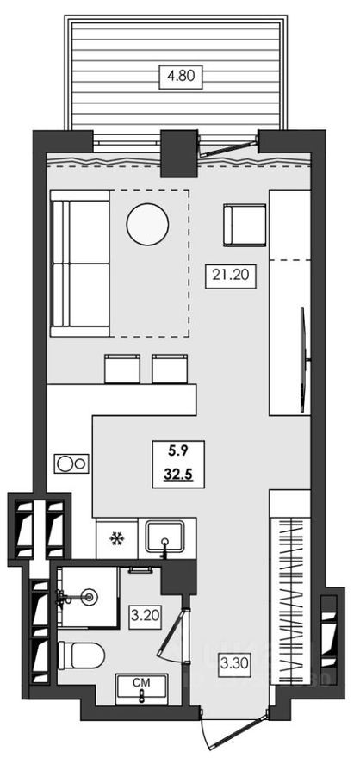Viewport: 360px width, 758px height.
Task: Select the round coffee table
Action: (x=146, y=224)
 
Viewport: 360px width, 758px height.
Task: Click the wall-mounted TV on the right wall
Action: (x=302, y=353)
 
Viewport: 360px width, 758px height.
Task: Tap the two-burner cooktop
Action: (x=70, y=463)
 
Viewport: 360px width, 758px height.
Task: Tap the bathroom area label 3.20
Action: (x=143, y=617)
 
